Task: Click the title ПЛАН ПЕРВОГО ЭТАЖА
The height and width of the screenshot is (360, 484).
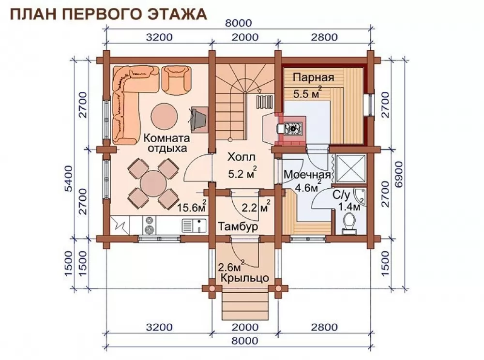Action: click(x=108, y=14)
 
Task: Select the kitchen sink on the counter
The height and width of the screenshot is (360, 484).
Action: click(x=194, y=225)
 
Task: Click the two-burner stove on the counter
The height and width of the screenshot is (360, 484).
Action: click(x=150, y=225)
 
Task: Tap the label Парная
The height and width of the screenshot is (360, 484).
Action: click(x=313, y=77)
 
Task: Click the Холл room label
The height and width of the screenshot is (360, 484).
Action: click(x=242, y=157)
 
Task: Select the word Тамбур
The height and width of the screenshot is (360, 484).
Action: click(x=238, y=227)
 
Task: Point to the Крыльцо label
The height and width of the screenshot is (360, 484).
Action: click(x=245, y=278)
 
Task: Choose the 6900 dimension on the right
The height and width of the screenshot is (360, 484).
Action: click(x=399, y=174)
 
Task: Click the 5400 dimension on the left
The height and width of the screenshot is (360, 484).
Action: click(x=69, y=179)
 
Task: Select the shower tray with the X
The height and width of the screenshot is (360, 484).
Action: click(x=350, y=168)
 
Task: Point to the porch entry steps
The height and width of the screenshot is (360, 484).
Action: click(x=245, y=306)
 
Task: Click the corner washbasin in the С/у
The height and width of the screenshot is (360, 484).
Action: click(x=360, y=196)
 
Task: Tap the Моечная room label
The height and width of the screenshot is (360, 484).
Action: click(x=307, y=175)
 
